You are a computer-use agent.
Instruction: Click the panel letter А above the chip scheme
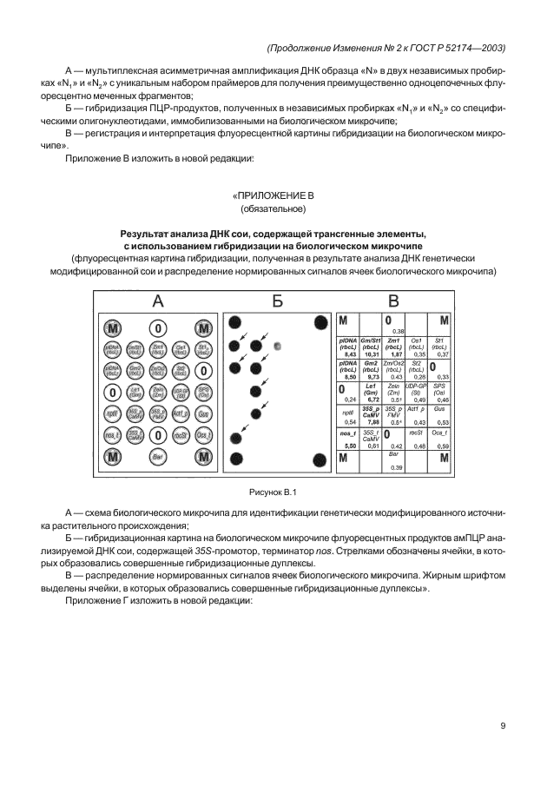(x=158, y=301)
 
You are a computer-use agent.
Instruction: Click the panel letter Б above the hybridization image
(x=277, y=301)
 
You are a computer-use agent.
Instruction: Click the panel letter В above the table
(x=393, y=301)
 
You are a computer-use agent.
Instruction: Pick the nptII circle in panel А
(x=112, y=413)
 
